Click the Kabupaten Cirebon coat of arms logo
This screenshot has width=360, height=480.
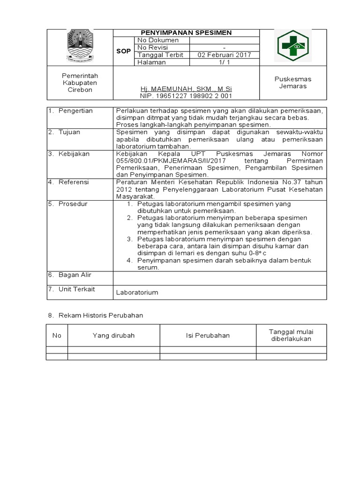click(x=80, y=46)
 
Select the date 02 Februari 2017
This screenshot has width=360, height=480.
click(x=224, y=55)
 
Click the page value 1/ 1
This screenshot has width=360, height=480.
click(x=224, y=62)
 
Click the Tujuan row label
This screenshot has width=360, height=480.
click(x=69, y=132)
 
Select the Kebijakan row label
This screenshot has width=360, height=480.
click(x=74, y=154)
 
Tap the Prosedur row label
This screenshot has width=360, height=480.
click(x=73, y=204)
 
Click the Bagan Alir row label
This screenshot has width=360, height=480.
click(x=75, y=275)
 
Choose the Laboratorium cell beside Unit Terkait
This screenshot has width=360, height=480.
click(x=137, y=292)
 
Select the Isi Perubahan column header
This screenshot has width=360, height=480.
click(x=208, y=336)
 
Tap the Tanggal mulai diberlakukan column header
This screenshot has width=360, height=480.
click(x=291, y=335)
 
